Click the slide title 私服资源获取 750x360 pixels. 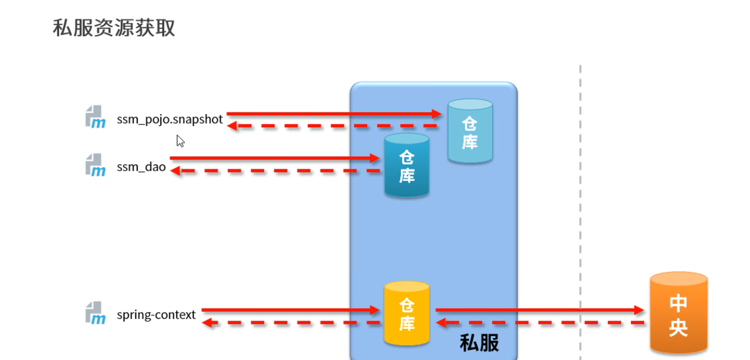click(114, 28)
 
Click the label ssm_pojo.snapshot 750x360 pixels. click(169, 119)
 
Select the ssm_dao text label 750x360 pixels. click(141, 167)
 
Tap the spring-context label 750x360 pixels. click(156, 315)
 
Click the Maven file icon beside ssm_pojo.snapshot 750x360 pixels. click(95, 117)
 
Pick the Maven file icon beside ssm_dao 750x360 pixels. click(95, 165)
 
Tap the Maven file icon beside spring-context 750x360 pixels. click(95, 313)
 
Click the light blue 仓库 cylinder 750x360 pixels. click(470, 131)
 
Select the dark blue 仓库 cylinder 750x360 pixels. click(406, 166)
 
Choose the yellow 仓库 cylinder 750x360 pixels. click(406, 313)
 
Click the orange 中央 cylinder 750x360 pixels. click(678, 313)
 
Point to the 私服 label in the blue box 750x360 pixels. click(479, 343)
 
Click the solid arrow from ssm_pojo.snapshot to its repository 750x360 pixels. click(333, 114)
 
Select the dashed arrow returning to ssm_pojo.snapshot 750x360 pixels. click(333, 126)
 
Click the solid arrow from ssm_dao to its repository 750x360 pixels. click(274, 158)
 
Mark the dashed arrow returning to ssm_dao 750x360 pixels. click(274, 171)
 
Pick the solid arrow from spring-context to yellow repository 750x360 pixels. click(290, 310)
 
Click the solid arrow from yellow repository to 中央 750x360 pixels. click(539, 310)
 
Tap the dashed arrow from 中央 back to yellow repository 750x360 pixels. click(539, 323)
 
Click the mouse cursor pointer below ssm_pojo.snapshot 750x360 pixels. click(180, 141)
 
